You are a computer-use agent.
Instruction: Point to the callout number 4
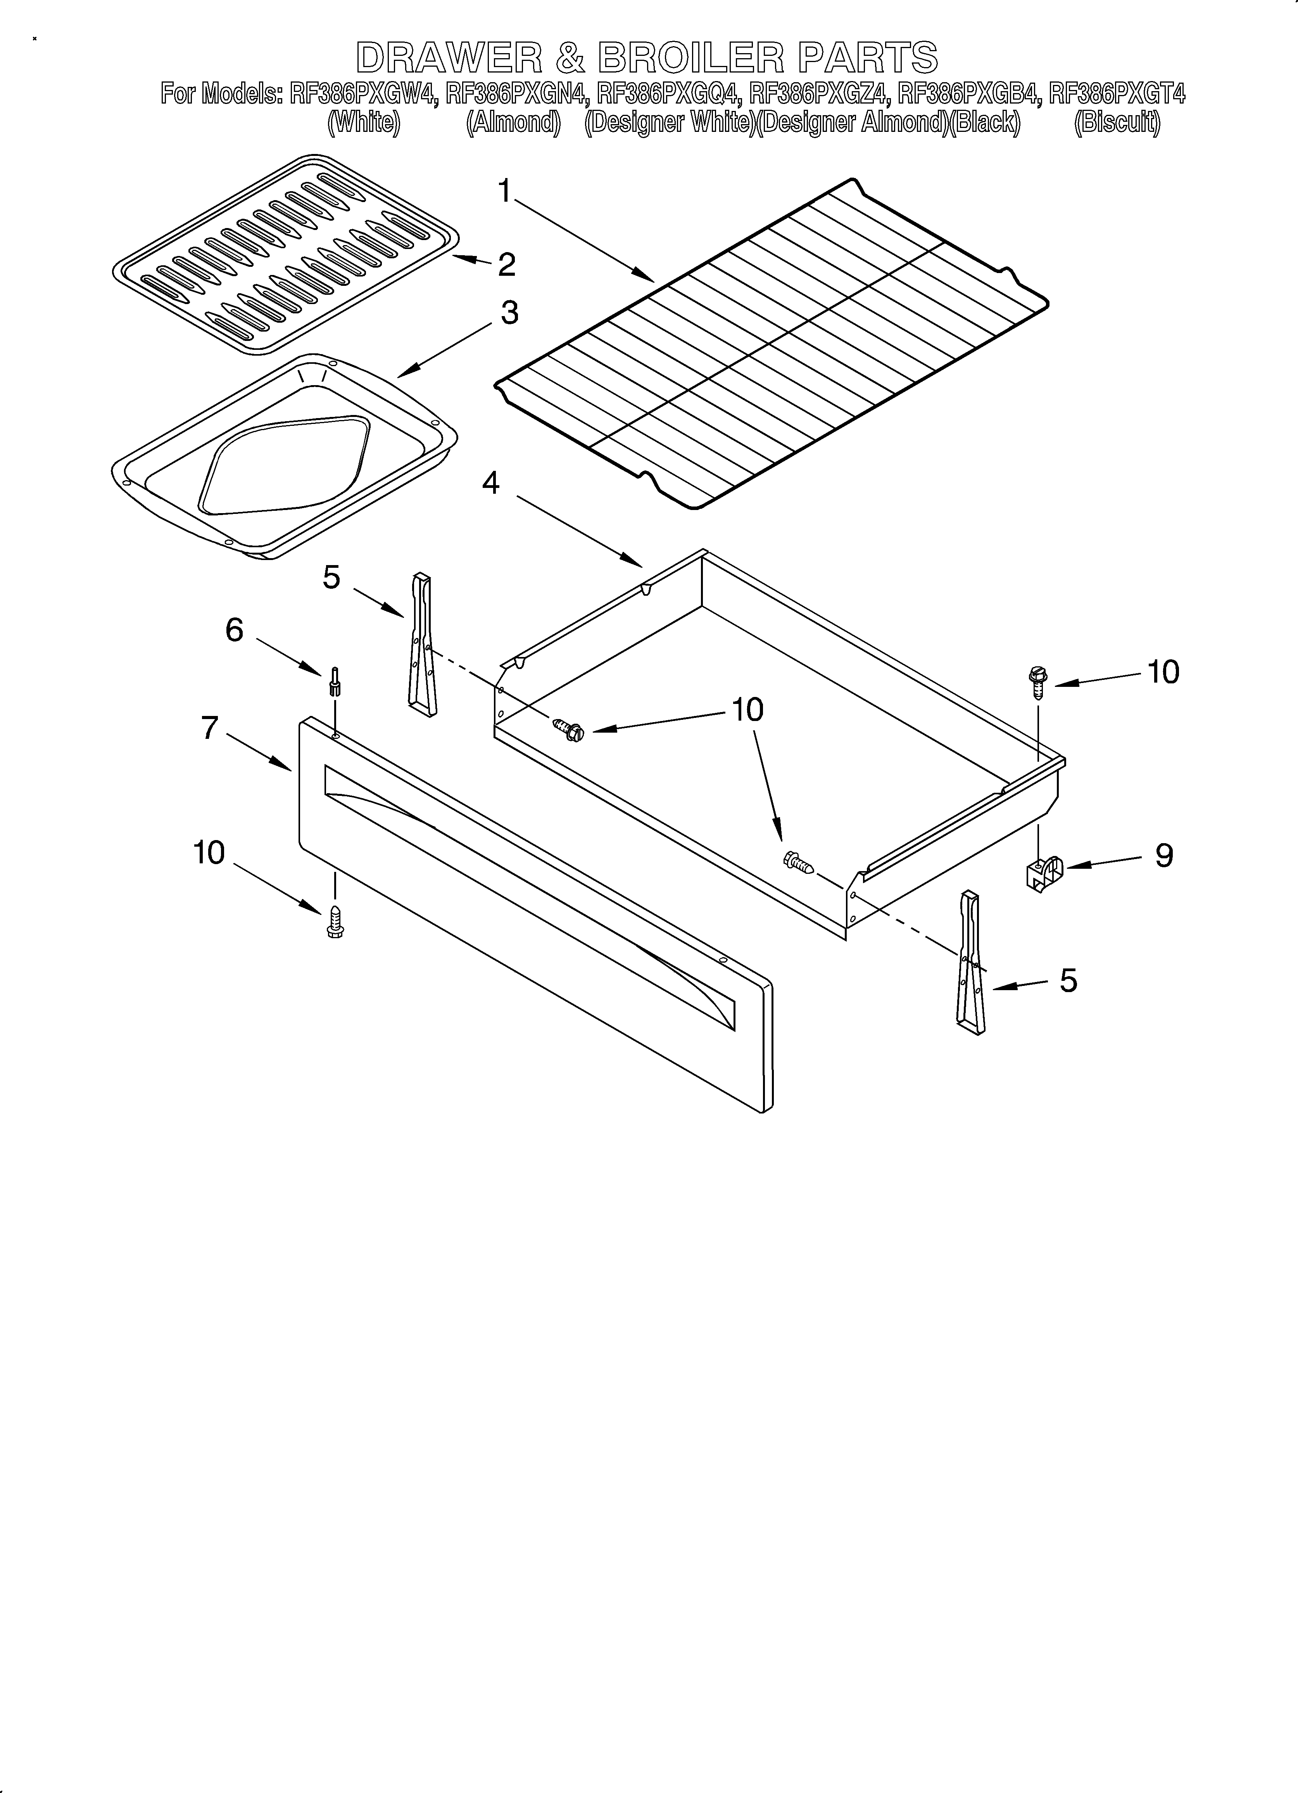pyautogui.click(x=491, y=482)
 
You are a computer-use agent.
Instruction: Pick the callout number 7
pyautogui.click(x=209, y=727)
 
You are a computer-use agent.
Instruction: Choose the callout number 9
pyautogui.click(x=1163, y=856)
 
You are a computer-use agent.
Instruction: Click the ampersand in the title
pyautogui.click(x=569, y=58)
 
